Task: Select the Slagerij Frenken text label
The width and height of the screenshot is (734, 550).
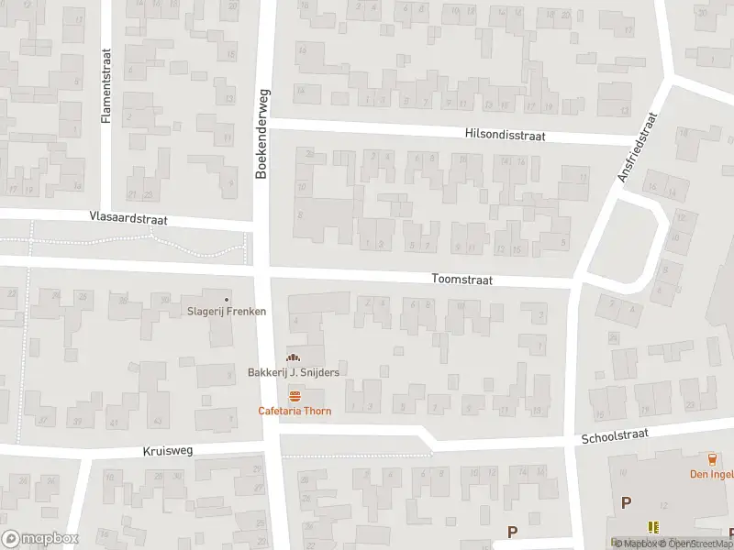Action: pyautogui.click(x=227, y=312)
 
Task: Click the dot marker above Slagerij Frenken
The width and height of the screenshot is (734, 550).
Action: pyautogui.click(x=228, y=299)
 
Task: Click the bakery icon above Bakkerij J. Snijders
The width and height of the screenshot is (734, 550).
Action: pyautogui.click(x=293, y=357)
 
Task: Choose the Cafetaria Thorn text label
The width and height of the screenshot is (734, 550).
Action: pyautogui.click(x=294, y=411)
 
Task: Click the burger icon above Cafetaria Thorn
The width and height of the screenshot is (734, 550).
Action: pyautogui.click(x=294, y=396)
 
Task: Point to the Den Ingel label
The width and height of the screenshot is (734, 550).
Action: pyautogui.click(x=711, y=474)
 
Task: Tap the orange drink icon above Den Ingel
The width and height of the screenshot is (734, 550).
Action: pyautogui.click(x=711, y=459)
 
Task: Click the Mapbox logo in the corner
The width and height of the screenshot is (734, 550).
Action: pyautogui.click(x=39, y=539)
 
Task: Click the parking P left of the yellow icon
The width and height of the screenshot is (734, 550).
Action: pyautogui.click(x=627, y=501)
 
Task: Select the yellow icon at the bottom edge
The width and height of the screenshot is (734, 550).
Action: pyautogui.click(x=654, y=527)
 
